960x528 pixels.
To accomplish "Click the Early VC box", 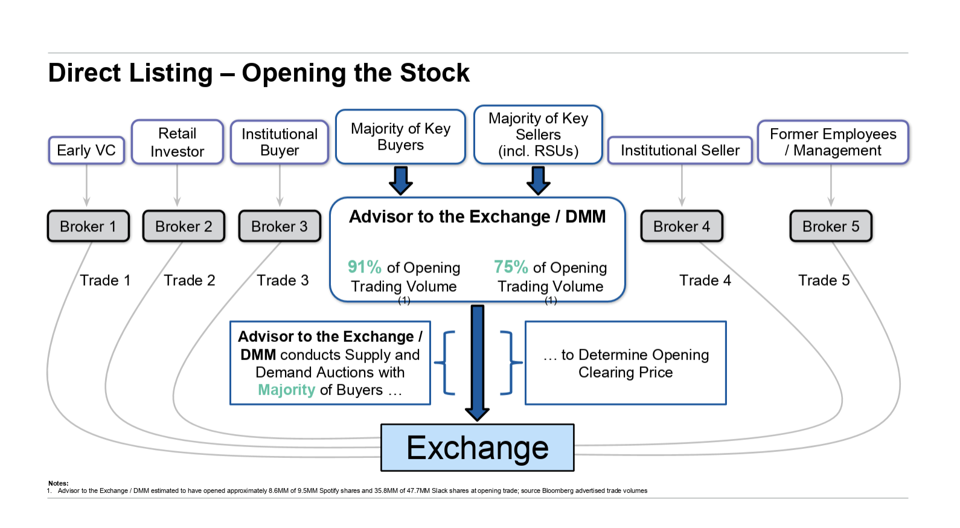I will pos(86,150).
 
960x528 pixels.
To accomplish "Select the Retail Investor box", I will pos(178,142).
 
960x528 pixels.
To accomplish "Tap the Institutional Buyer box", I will pos(280,142).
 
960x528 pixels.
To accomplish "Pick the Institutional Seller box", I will pos(680,150).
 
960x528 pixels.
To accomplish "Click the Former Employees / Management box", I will pos(833,142).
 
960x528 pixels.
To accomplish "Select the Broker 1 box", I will pos(88,227).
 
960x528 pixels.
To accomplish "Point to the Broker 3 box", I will pos(280,227).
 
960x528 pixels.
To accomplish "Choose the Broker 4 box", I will pos(682,227).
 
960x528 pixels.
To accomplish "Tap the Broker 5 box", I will pos(831,227).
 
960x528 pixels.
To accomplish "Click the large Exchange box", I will pos(477,448).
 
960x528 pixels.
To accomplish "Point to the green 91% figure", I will pos(364,267).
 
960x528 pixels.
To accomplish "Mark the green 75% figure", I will pos(511,267).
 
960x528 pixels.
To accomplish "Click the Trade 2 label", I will pos(190,280).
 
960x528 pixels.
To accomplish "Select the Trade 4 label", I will pos(705,280).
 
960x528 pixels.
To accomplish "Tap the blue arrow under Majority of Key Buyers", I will pos(401,180).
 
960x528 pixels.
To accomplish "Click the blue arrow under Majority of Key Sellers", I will pos(539,180).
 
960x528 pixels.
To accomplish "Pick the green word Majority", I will pos(287,390).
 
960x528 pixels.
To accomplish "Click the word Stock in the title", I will pos(435,73).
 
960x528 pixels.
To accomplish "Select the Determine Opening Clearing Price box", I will pos(626,363).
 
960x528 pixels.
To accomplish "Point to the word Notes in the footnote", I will pos(59,483).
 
